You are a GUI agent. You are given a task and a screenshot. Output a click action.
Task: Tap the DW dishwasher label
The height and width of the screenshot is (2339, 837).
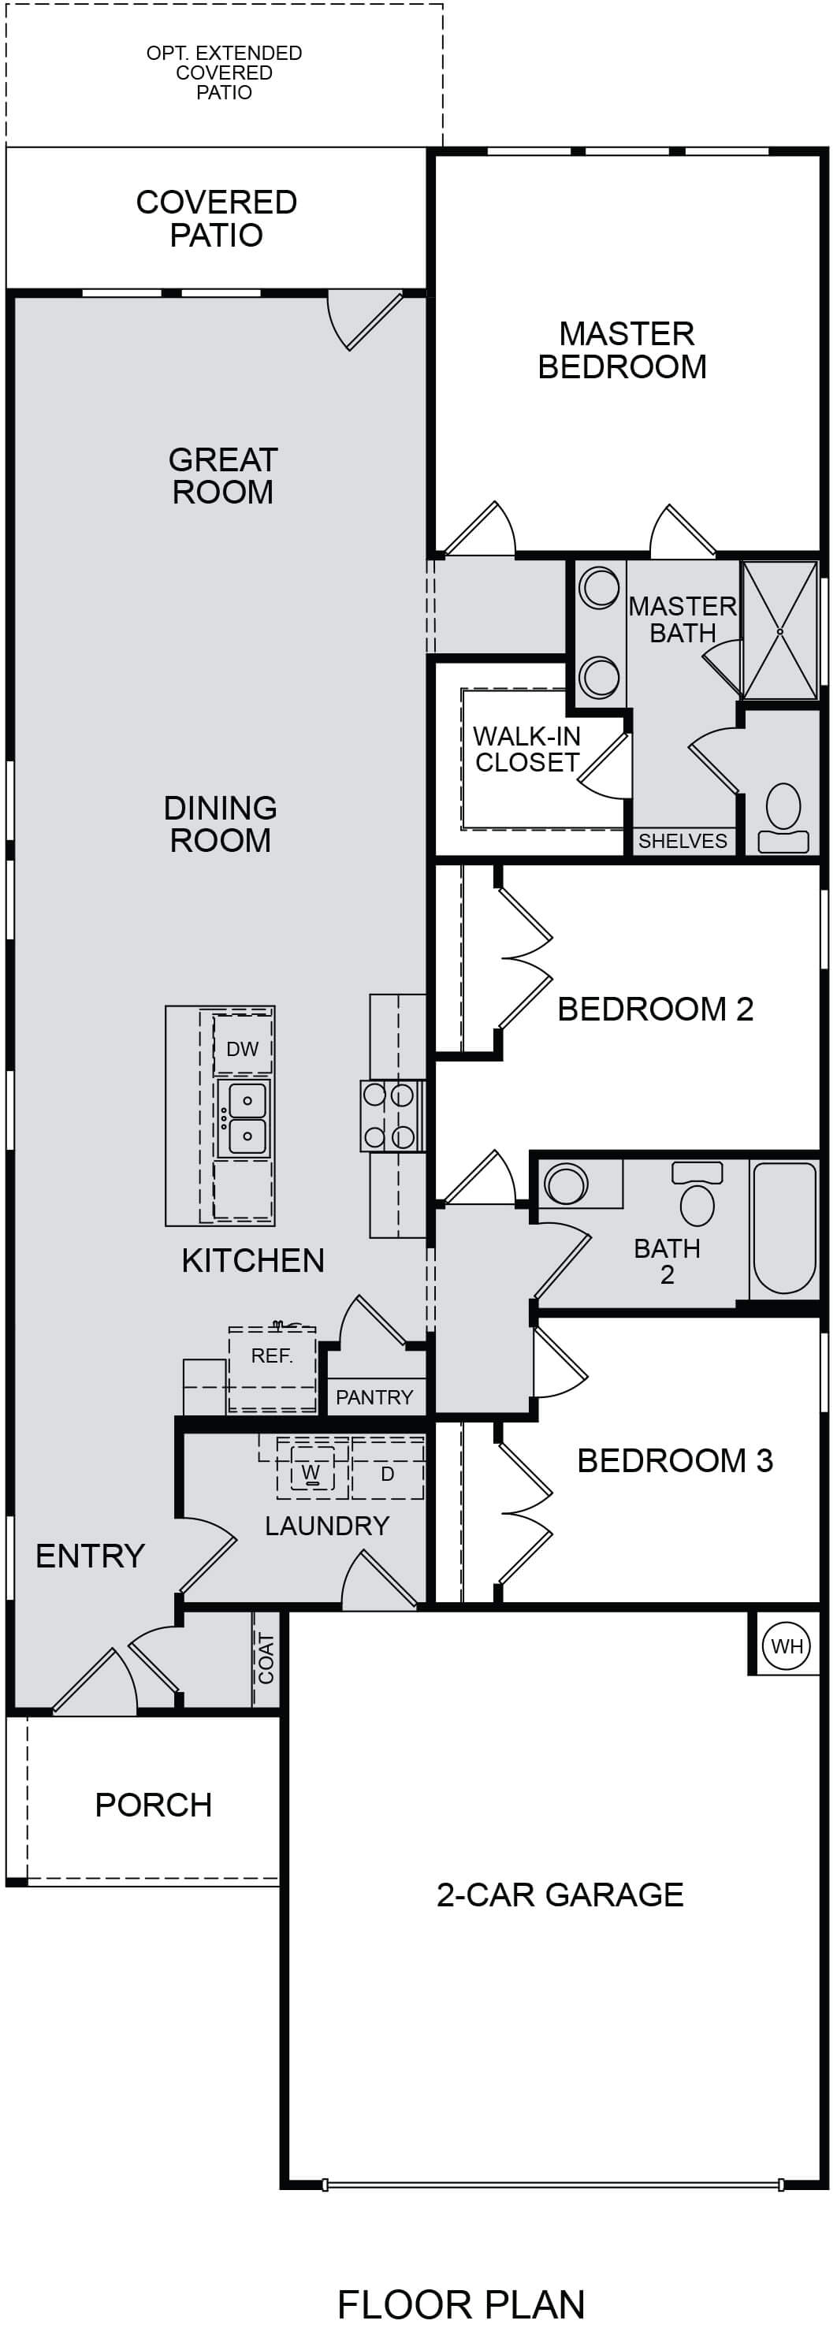[x=243, y=1049]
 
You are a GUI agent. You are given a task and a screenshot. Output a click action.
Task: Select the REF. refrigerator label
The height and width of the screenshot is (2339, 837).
[x=271, y=1355]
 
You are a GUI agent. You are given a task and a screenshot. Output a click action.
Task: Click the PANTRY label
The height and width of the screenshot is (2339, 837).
[x=374, y=1396]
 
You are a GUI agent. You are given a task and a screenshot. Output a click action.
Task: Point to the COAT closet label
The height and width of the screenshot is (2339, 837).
[x=266, y=1658]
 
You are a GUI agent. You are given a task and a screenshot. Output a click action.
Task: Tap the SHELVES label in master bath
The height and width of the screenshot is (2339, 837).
[x=683, y=841]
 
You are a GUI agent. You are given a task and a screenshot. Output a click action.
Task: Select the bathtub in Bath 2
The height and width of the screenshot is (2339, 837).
[x=784, y=1228]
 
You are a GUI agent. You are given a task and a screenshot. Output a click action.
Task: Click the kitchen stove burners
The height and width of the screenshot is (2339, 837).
[x=392, y=1116]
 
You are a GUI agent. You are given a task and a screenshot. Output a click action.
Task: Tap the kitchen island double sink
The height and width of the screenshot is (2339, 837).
[x=247, y=1117]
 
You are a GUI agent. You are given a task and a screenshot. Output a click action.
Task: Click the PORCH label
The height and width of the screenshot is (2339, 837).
[x=154, y=1805]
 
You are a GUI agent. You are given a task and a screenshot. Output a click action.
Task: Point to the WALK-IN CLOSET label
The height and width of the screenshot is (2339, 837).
[x=526, y=749]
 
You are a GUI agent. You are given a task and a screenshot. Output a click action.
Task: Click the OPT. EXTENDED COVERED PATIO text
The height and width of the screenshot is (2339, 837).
[x=225, y=73]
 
